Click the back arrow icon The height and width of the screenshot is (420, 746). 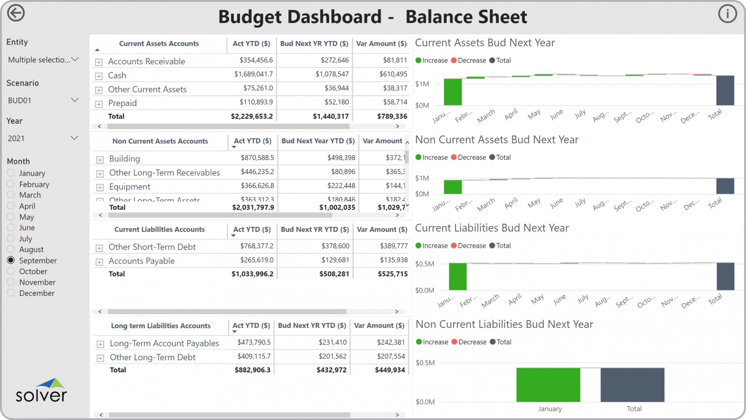(x=16, y=13)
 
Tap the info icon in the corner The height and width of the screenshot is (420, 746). (x=727, y=14)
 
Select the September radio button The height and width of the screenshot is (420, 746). (x=11, y=260)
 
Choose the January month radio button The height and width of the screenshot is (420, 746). (x=11, y=173)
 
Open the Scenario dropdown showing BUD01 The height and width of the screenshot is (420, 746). (x=43, y=100)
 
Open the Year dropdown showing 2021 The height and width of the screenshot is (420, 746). (x=43, y=138)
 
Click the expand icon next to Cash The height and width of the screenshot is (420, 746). (x=99, y=76)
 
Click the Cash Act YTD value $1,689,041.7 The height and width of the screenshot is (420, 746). (x=254, y=74)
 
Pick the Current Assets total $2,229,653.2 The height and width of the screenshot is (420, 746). (x=252, y=117)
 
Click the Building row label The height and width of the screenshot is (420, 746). (x=124, y=159)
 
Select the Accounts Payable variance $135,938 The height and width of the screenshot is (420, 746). (x=393, y=260)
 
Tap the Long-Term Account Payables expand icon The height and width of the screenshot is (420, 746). (x=100, y=344)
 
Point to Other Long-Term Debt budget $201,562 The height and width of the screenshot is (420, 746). (x=332, y=356)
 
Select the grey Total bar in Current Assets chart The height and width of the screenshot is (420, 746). (x=725, y=90)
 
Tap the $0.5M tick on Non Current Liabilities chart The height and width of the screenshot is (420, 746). (x=425, y=363)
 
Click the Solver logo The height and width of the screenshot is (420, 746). (x=41, y=391)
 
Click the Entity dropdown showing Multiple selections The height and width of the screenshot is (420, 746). (x=43, y=60)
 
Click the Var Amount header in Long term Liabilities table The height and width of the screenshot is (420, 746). (x=379, y=326)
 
